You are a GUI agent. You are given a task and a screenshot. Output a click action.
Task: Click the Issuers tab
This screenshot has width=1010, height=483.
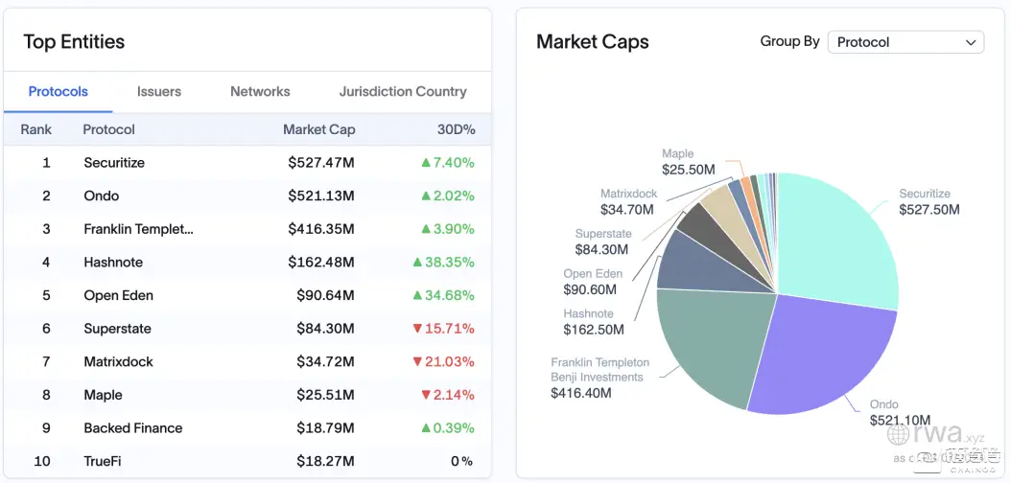[159, 92]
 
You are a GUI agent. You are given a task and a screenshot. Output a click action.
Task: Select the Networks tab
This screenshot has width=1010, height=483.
[260, 92]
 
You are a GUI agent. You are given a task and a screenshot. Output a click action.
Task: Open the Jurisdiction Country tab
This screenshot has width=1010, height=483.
[403, 92]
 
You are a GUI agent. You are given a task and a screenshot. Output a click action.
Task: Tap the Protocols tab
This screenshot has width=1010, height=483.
[59, 92]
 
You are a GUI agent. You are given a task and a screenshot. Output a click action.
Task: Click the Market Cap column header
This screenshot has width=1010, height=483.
[318, 129]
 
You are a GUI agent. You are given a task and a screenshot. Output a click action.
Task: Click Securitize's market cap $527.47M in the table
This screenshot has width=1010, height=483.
[321, 163]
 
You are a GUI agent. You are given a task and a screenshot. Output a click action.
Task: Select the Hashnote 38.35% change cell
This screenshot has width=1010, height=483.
[443, 262]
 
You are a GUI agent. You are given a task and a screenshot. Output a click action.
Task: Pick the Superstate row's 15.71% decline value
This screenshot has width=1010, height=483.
[443, 329]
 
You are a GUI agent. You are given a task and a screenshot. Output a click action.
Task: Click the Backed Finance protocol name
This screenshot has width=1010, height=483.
[133, 428]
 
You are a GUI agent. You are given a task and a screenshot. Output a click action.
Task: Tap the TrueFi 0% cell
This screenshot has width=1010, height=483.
[462, 461]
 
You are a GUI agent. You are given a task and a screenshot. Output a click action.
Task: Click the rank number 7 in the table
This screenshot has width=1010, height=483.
[45, 361]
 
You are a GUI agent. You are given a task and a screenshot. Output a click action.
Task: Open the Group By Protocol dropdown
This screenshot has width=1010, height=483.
[905, 42]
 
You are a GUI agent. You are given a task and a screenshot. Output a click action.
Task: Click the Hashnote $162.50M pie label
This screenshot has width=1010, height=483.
[593, 322]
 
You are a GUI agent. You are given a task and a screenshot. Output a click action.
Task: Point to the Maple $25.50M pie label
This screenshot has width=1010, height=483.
[688, 162]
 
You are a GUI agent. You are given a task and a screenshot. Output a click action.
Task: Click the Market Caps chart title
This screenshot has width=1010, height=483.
[592, 42]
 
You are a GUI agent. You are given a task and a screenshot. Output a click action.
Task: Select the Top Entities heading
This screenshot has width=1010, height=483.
[74, 42]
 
